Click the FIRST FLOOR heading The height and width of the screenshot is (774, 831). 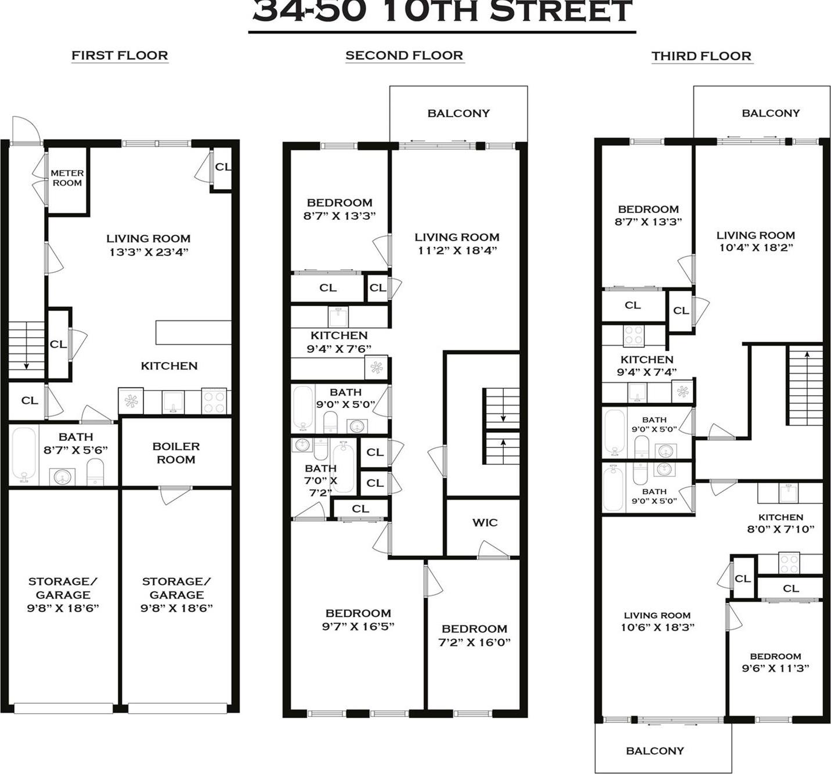coord(120,56)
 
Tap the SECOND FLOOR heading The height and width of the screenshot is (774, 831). coord(404,56)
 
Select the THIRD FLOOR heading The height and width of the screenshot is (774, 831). coord(701,56)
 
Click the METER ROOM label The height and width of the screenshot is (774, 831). coord(67,178)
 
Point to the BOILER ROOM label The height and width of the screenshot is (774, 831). coord(176,453)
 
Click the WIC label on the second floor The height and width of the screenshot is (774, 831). coord(485,522)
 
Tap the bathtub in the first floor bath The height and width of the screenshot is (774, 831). coord(24,456)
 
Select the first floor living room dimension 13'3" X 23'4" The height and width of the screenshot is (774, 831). coord(149,252)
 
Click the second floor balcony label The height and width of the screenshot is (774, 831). coord(458,113)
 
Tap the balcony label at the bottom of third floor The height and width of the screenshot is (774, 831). coord(655,751)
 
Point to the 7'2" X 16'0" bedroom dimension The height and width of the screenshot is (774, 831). coord(474,642)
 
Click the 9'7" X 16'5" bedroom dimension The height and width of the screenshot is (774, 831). coord(358,627)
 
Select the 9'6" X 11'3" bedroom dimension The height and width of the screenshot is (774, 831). coord(775,668)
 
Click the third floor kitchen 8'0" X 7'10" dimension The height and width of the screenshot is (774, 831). coord(781,529)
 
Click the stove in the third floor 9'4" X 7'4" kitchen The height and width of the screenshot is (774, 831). coord(633,335)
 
